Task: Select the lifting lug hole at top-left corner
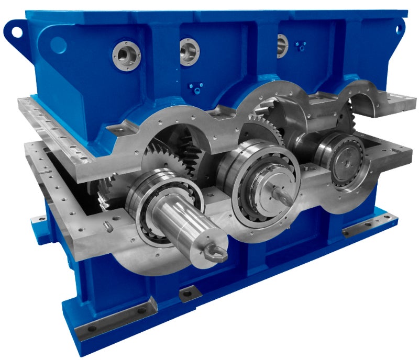(16, 30)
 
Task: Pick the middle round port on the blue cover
(189, 51)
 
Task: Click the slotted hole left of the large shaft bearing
(107, 226)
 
